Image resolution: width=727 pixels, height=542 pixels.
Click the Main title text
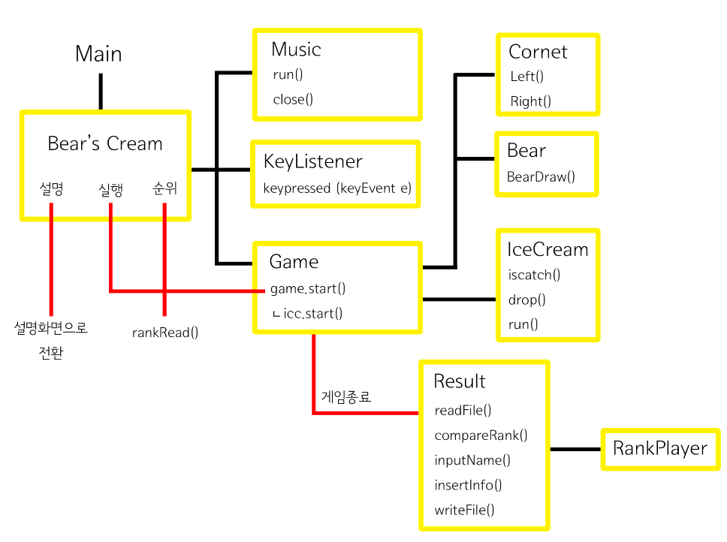point(98,55)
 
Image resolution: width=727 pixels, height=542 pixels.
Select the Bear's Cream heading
point(104,144)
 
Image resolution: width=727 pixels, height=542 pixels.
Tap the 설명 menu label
point(52,189)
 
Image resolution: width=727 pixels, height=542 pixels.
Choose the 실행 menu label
point(110,189)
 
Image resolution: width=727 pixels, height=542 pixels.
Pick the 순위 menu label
point(164,189)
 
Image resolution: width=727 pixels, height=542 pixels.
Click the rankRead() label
point(165,331)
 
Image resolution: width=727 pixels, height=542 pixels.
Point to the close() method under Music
point(293,99)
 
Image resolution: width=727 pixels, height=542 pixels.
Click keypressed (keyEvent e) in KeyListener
point(337,188)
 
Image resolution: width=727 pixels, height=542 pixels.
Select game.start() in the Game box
point(308,288)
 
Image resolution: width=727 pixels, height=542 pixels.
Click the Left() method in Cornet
point(526,77)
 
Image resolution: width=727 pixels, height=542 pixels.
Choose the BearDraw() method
point(541,177)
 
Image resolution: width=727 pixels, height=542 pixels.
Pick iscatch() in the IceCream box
point(534,275)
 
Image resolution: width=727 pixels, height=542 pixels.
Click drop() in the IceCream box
point(526,300)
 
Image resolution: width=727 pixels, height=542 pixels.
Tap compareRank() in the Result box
point(481,435)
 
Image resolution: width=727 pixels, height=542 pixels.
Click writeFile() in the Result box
point(464,510)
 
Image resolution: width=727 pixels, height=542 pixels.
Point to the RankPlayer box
point(659,449)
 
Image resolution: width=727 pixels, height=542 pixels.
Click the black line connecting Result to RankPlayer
point(575,450)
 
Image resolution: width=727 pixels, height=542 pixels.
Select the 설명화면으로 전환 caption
point(51,340)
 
